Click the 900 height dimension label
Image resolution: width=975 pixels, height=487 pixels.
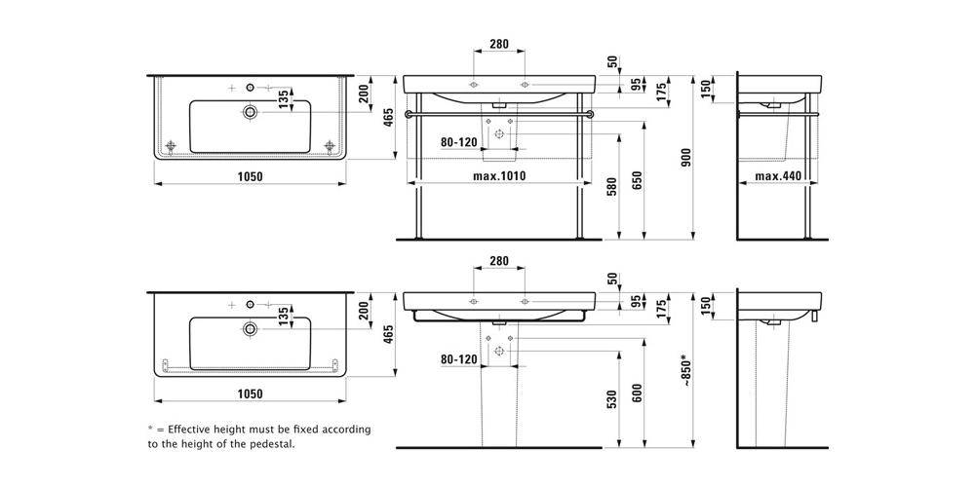point(685,159)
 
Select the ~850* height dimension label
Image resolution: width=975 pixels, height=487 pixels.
point(685,370)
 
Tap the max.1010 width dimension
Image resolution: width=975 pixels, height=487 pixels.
point(499,176)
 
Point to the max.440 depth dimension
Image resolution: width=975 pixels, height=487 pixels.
point(778,176)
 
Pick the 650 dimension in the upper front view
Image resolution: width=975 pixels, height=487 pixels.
point(636,181)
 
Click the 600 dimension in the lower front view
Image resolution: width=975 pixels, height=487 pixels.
point(636,393)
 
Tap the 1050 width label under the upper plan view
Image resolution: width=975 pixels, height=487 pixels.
point(250,176)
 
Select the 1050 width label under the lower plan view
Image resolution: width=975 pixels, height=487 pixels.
point(250,393)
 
